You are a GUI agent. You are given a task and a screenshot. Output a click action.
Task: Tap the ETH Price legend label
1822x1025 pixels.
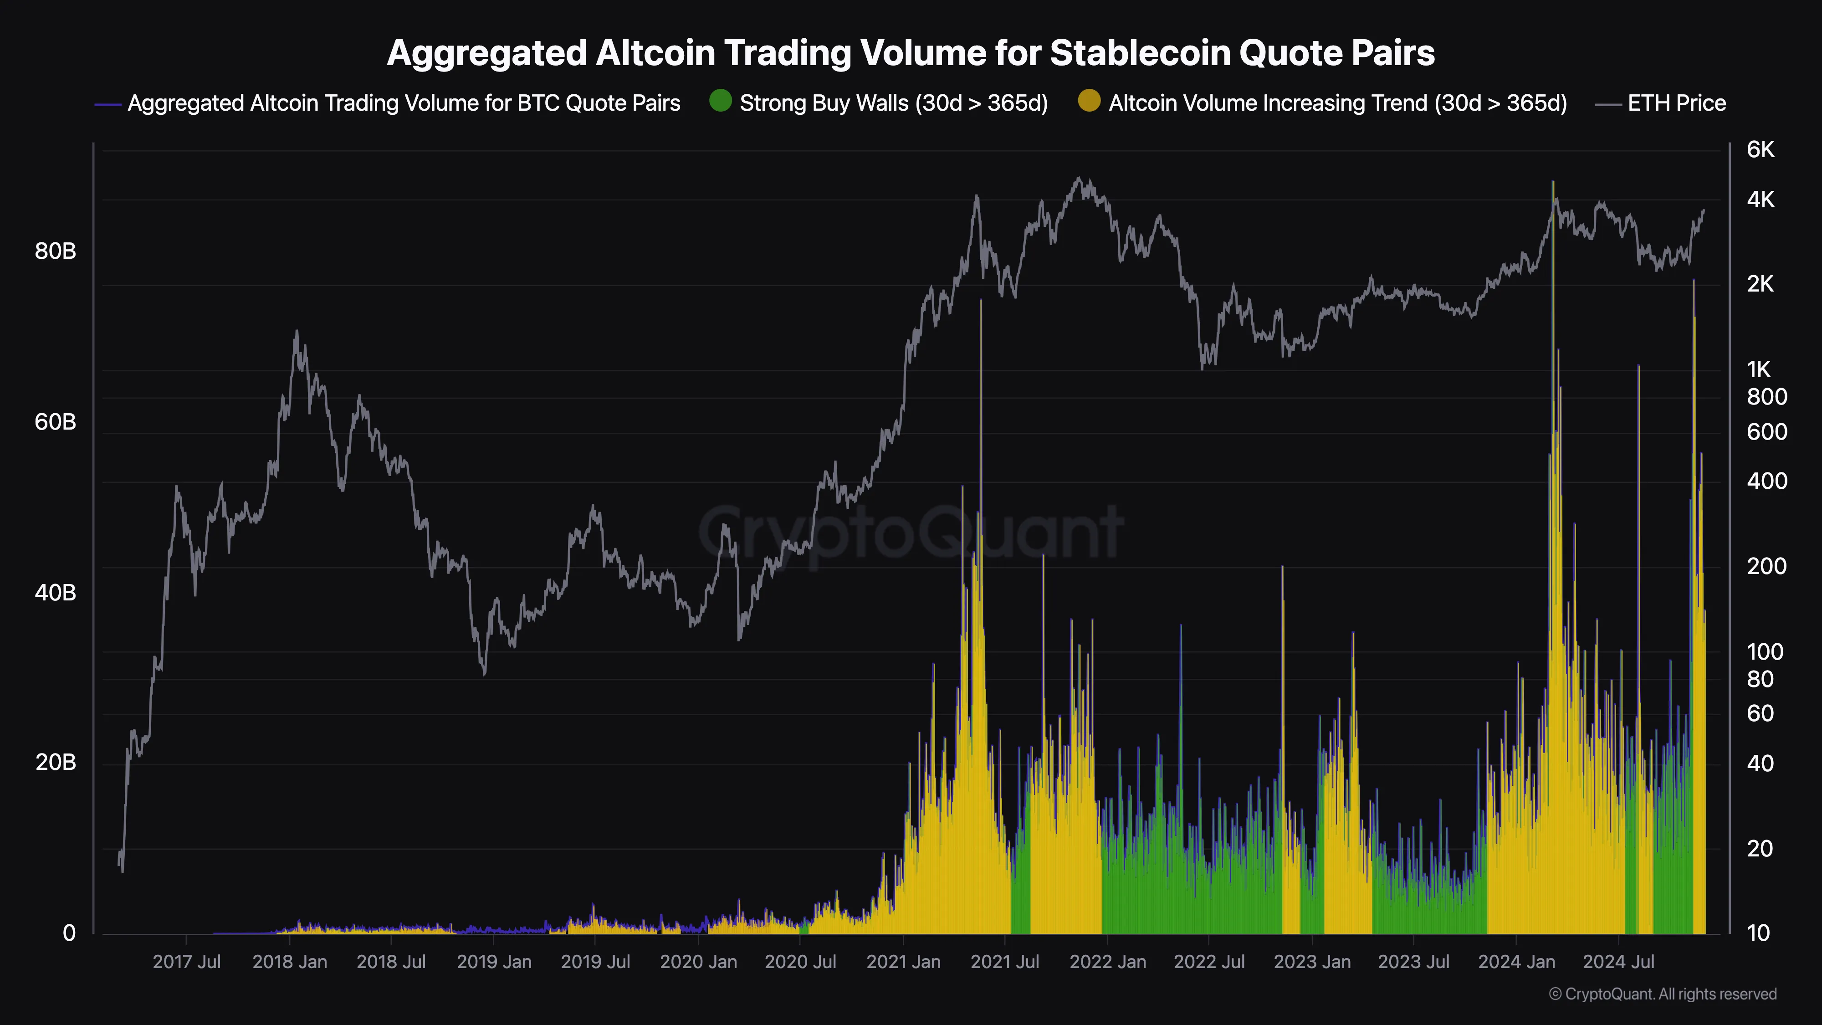pyautogui.click(x=1676, y=103)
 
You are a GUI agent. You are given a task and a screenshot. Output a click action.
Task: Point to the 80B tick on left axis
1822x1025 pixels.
pyautogui.click(x=55, y=251)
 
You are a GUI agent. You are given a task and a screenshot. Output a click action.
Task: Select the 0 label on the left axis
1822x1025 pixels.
pyautogui.click(x=69, y=933)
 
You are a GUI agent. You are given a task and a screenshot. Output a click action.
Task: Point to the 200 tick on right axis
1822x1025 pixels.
pyautogui.click(x=1766, y=566)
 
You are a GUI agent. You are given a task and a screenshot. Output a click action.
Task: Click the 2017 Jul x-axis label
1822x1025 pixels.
pyautogui.click(x=187, y=962)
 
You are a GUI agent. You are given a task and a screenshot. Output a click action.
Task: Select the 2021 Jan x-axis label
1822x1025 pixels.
pyautogui.click(x=903, y=962)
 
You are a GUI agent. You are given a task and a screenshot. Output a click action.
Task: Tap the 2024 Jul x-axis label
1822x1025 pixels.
pyautogui.click(x=1618, y=962)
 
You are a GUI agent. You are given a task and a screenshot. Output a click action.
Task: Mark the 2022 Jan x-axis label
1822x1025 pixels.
pyautogui.click(x=1108, y=962)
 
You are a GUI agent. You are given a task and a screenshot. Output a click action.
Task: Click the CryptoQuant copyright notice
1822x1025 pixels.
pyautogui.click(x=1662, y=994)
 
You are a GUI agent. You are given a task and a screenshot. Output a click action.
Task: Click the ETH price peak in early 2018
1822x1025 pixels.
pyautogui.click(x=297, y=331)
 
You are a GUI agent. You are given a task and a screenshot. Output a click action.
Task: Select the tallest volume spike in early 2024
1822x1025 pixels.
pyautogui.click(x=1553, y=183)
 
